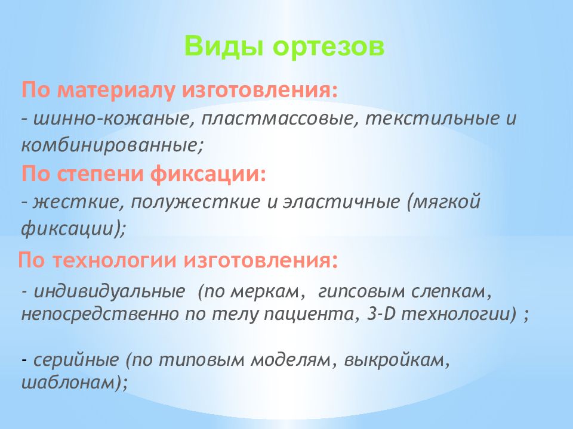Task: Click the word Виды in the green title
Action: [x=223, y=46]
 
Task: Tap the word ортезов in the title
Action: [x=328, y=48]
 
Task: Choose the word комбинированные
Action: [x=109, y=145]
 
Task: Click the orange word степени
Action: [x=101, y=174]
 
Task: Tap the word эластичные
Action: [x=341, y=202]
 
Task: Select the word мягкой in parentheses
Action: [x=446, y=203]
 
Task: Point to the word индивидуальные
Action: [x=109, y=291]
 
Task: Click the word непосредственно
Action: [x=100, y=314]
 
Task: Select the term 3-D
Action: [x=382, y=314]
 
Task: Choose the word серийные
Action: [x=76, y=360]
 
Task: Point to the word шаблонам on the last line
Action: [x=69, y=383]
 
